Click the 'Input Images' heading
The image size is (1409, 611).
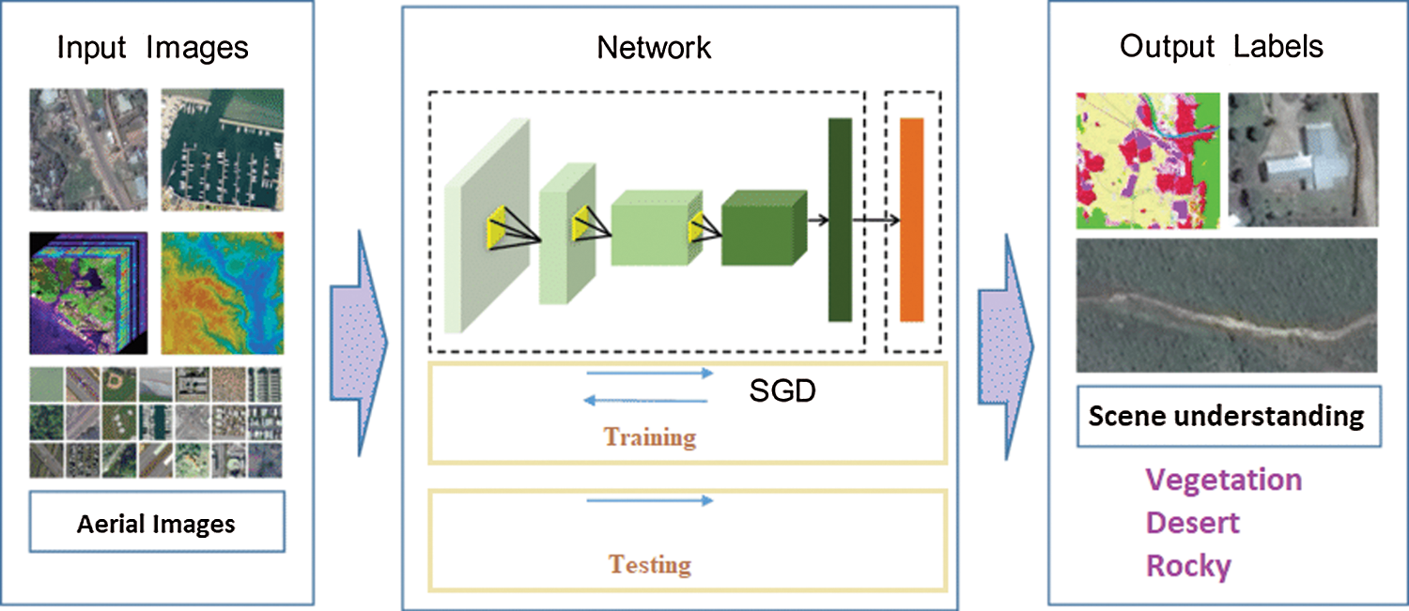[x=153, y=48]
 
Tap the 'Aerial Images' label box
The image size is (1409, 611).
[x=156, y=523]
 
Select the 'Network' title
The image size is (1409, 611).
[x=654, y=48]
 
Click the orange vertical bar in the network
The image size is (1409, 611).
[x=912, y=221]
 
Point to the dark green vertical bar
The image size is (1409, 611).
[x=839, y=221]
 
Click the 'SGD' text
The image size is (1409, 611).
[x=782, y=390]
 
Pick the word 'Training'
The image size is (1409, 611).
[x=650, y=437]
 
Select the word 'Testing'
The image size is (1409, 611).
[x=650, y=565]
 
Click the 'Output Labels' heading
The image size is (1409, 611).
[x=1221, y=47]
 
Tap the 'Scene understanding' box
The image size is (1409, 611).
[x=1226, y=416]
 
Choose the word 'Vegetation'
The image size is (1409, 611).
[x=1223, y=480]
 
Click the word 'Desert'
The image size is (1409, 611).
[x=1193, y=523]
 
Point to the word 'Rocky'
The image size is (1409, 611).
[x=1188, y=566]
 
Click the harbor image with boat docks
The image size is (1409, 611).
[x=222, y=149]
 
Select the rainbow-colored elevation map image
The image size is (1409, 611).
[x=222, y=292]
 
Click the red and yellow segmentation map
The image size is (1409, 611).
[x=1147, y=160]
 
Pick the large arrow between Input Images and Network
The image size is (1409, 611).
[x=359, y=344]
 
